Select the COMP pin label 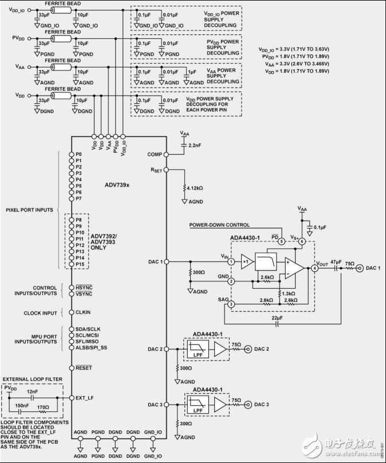154,154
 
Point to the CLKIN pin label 84,312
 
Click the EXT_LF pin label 85,397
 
